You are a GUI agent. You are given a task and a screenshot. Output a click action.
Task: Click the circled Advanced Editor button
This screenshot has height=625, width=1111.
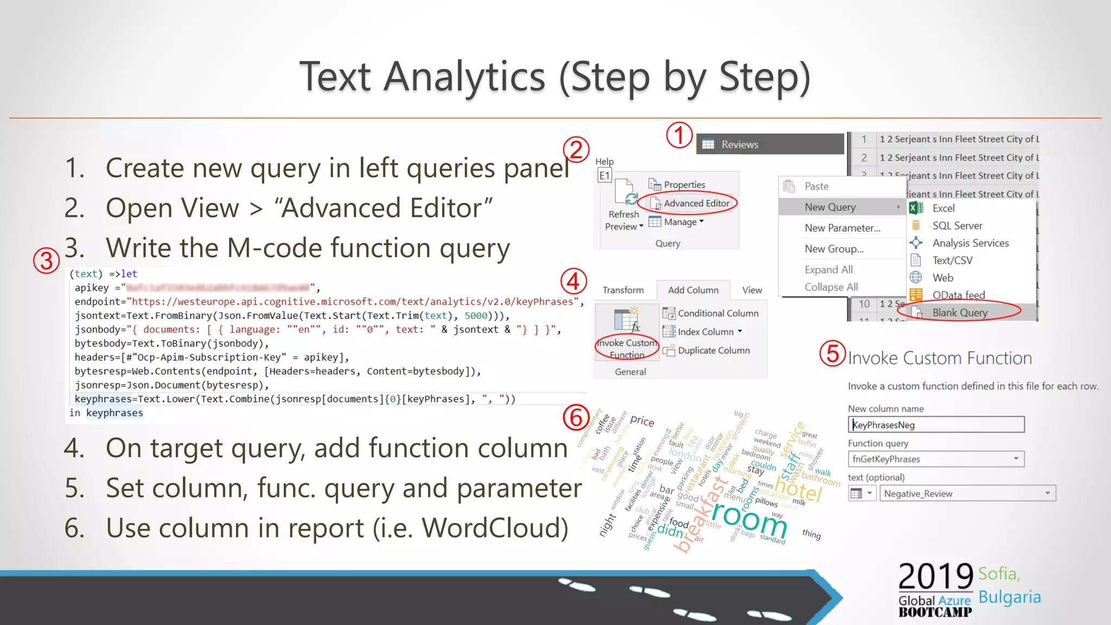point(692,203)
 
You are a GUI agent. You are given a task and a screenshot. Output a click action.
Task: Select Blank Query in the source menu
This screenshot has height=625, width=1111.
point(959,312)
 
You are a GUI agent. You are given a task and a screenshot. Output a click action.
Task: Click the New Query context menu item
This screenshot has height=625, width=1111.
point(830,207)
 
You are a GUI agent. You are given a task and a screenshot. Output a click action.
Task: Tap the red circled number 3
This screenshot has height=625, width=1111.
point(46,261)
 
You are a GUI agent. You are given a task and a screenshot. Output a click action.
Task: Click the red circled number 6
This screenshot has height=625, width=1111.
point(576,417)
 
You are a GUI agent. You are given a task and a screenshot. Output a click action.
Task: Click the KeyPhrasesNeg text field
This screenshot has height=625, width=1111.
point(936,425)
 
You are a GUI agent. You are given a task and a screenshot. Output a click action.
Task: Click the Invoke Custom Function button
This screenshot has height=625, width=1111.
point(627,336)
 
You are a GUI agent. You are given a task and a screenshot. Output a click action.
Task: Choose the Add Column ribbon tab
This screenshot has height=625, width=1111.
point(693,290)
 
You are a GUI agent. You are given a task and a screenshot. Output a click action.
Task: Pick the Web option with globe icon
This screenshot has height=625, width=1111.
point(942,278)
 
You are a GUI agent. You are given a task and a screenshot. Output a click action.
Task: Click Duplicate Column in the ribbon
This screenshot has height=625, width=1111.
point(713,350)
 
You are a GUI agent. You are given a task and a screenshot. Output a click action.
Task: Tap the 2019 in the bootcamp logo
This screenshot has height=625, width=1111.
point(935,577)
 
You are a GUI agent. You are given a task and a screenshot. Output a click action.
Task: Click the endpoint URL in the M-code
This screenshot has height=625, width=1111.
point(353,302)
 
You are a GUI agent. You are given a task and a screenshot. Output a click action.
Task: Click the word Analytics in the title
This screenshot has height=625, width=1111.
point(464,77)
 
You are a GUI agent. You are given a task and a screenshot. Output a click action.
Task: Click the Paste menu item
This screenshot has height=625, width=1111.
point(816,186)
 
